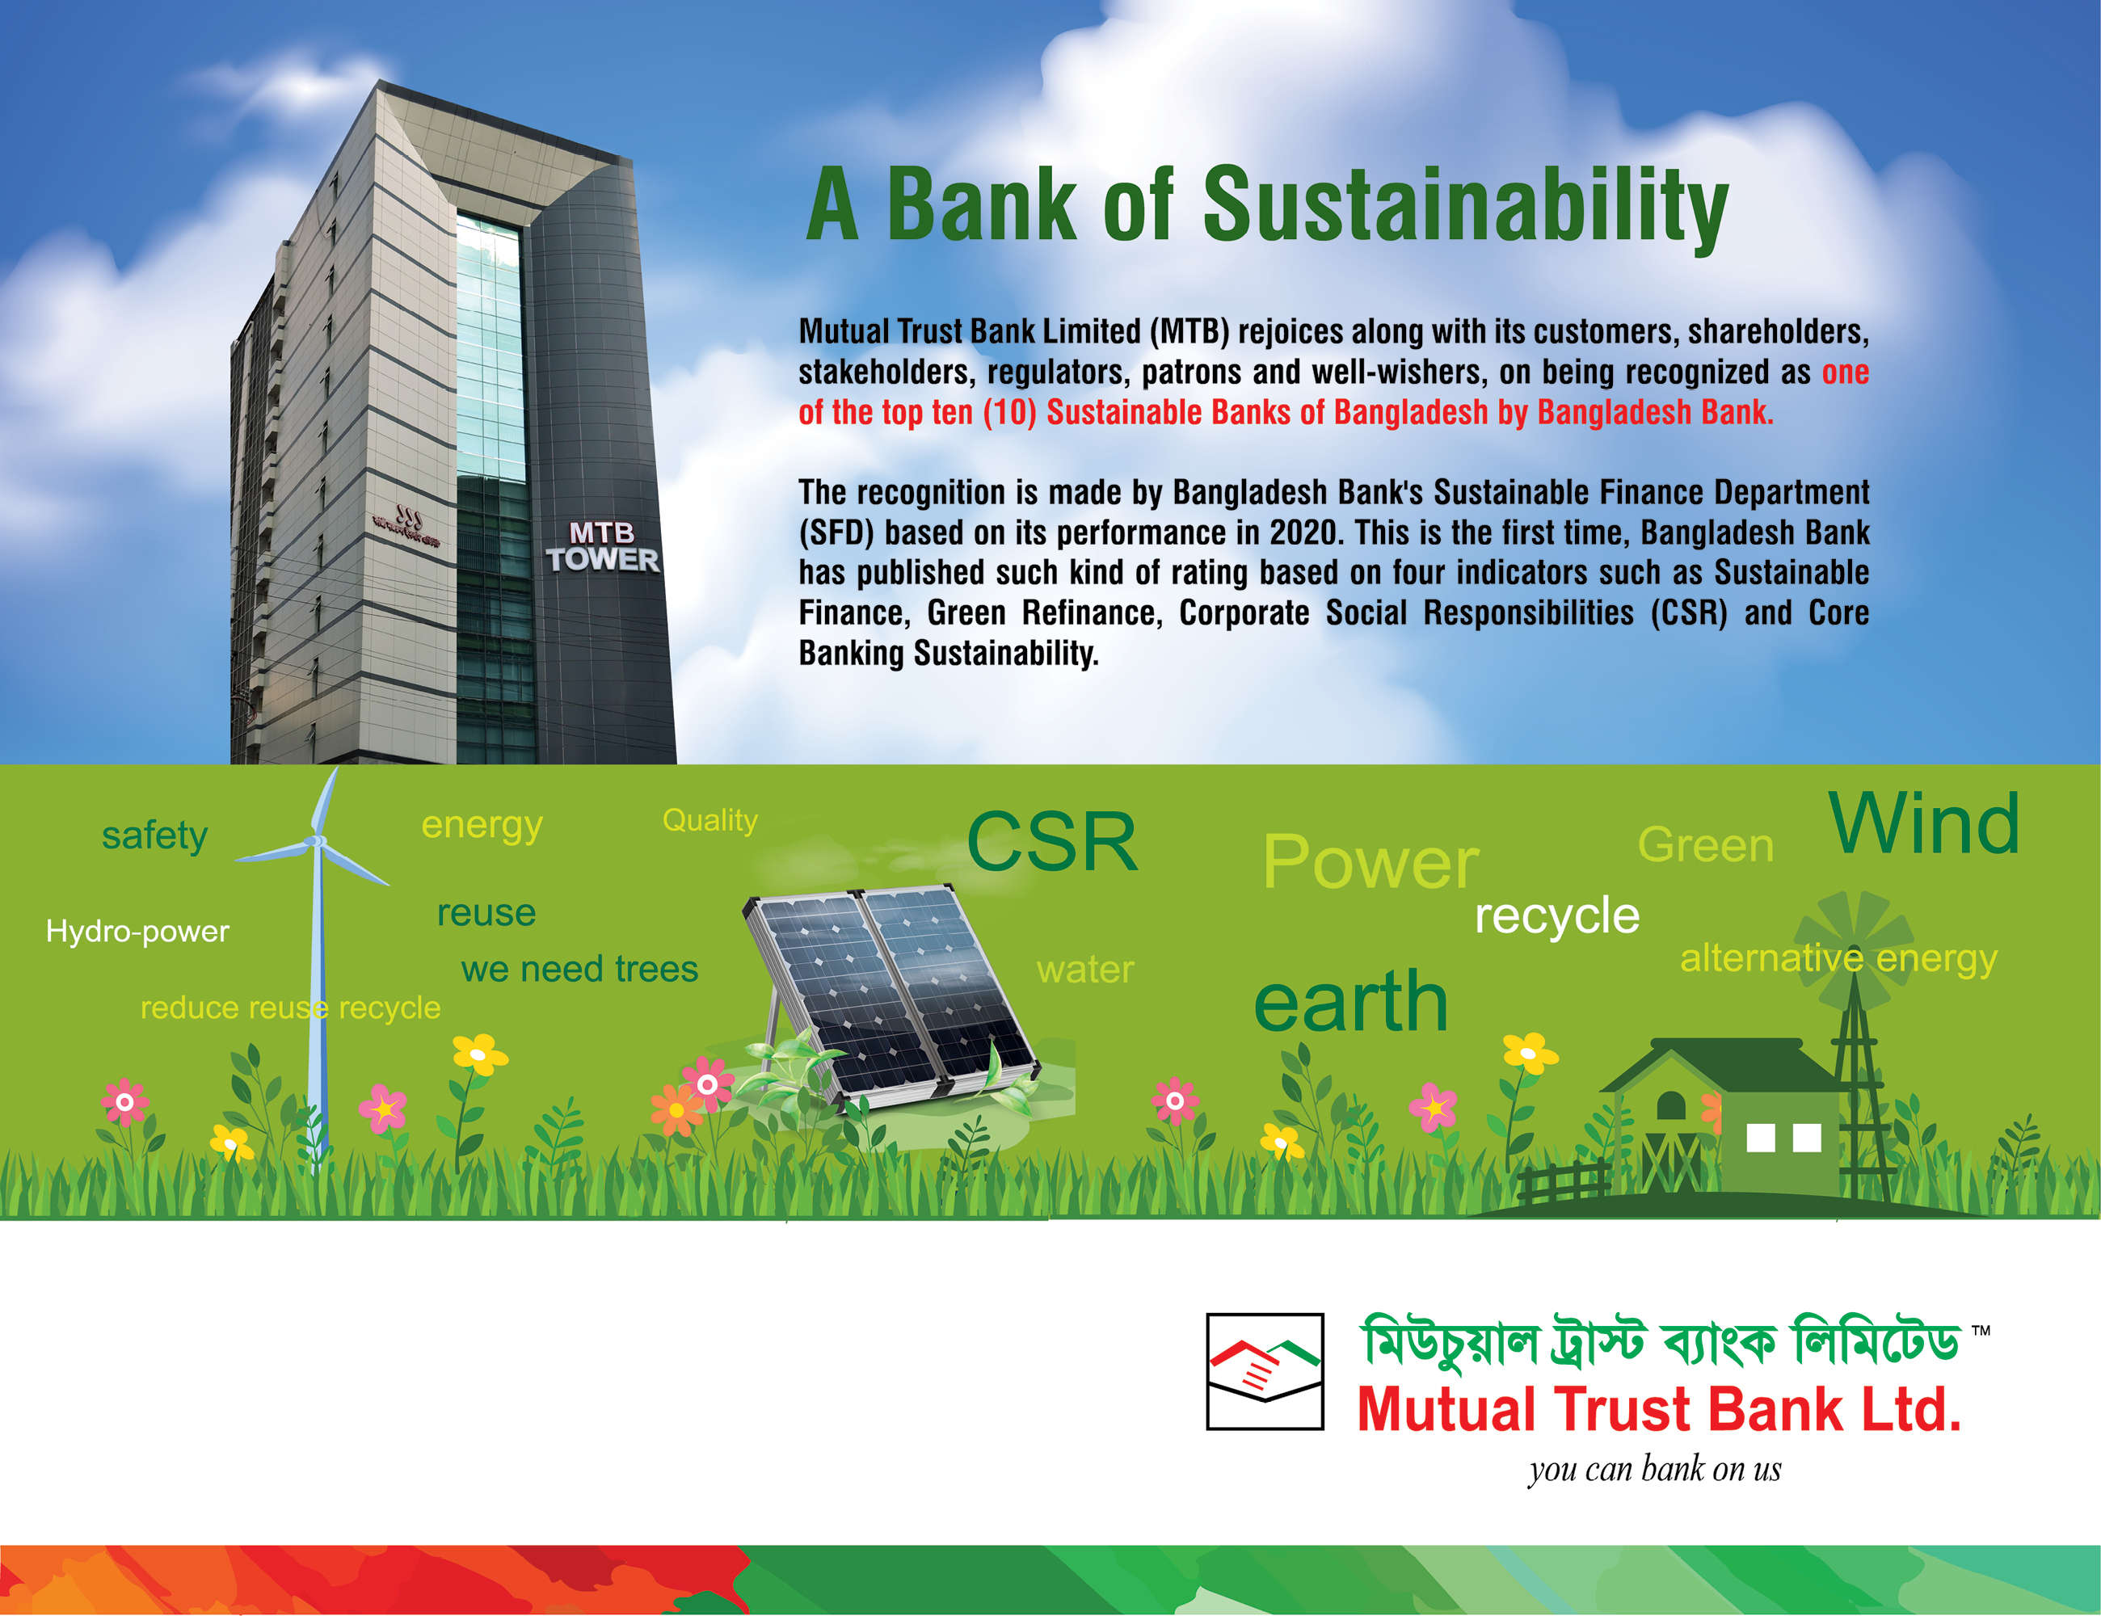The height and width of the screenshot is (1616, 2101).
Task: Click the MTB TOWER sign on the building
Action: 603,546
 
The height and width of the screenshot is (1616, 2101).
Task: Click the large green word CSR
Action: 1052,842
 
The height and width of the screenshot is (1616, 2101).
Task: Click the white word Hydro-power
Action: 137,931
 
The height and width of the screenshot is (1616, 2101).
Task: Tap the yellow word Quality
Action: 710,820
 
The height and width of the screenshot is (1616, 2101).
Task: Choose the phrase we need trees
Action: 579,969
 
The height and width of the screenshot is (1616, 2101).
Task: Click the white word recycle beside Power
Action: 1556,915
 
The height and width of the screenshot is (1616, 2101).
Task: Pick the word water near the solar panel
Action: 1085,970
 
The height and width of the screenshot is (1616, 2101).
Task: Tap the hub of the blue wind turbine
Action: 314,842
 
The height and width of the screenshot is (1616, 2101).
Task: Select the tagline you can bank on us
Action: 1655,1469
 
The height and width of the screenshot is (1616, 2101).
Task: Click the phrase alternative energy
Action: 1838,959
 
